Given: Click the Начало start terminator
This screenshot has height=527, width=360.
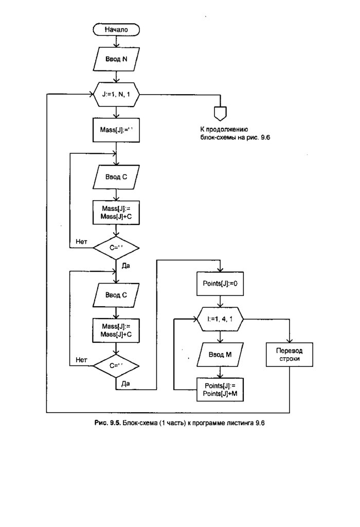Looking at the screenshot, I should coord(116,30).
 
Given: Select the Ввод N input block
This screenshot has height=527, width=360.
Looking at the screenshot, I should coord(117,60).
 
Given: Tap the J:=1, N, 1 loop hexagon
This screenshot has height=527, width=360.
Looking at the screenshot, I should coord(116,94).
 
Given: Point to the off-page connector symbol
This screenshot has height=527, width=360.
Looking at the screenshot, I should coord(220,111).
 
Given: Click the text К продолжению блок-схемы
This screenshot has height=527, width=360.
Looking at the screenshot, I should coord(224,133).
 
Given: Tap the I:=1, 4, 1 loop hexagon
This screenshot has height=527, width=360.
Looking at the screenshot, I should coord(220,320).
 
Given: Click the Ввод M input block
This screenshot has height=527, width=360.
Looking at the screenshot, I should coord(220,355).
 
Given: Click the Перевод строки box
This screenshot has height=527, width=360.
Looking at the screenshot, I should coord(290,355).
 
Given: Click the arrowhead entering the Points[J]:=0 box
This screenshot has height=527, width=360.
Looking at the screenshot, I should coord(220,271).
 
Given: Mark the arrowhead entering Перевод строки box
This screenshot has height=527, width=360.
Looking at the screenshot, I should coord(290,342).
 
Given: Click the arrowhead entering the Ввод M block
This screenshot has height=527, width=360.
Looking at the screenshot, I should coord(220,342).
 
